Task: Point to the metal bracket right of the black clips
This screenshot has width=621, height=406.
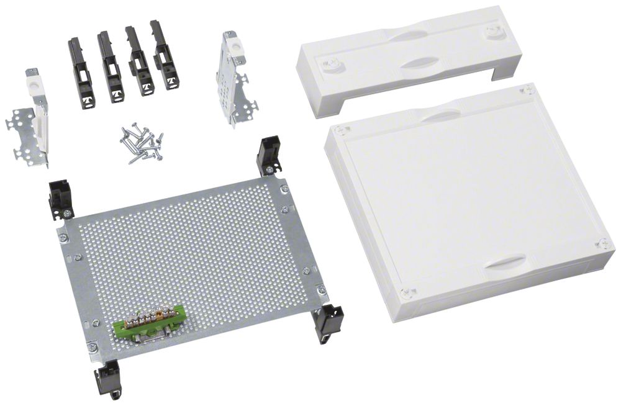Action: coord(232,81)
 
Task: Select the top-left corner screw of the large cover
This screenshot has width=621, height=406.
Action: coord(340,130)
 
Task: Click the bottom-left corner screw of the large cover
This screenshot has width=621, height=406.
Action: coord(406,292)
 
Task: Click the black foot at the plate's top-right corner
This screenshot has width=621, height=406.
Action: coord(268,156)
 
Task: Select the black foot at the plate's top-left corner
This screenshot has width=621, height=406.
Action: coord(61,197)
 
